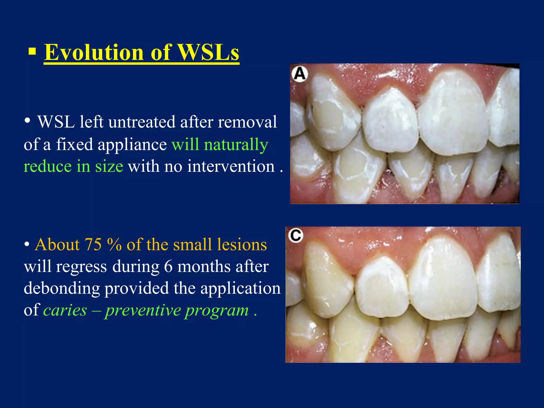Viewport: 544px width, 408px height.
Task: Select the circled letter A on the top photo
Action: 300,74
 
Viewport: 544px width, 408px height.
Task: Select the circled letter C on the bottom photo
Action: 296,235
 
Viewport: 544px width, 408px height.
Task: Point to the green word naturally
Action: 236,145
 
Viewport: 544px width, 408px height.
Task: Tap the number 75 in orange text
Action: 93,244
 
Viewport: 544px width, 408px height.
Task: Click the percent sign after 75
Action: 114,245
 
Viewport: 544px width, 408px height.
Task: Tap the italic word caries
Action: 65,310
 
